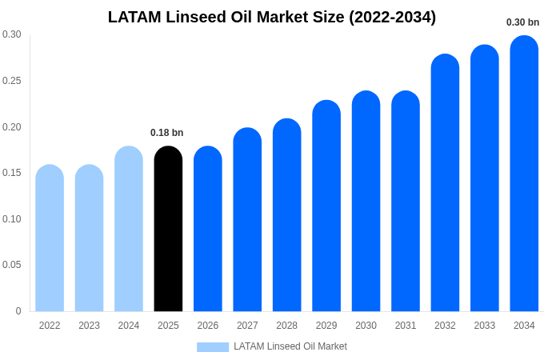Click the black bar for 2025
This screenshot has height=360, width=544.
168,230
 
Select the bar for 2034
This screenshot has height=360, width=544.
524,174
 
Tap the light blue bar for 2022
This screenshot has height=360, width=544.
50,238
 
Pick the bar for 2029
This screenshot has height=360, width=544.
326,206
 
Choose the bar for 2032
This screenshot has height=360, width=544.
445,183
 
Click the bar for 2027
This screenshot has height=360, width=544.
247,220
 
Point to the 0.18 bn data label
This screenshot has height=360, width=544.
167,133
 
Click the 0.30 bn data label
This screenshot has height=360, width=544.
522,22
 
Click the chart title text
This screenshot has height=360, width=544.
272,17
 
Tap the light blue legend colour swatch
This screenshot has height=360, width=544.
213,346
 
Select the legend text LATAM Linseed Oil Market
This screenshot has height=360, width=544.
290,346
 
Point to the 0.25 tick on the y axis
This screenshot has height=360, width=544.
12,81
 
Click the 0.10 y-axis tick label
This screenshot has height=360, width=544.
12,219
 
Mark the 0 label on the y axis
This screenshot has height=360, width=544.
18,311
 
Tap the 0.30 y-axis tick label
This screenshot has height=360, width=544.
12,34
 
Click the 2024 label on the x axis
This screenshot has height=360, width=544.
129,326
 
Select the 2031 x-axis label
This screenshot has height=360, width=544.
406,326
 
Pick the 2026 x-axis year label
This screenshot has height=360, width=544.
208,326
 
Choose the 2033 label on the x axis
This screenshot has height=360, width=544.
485,326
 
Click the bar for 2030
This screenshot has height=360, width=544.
366,202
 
